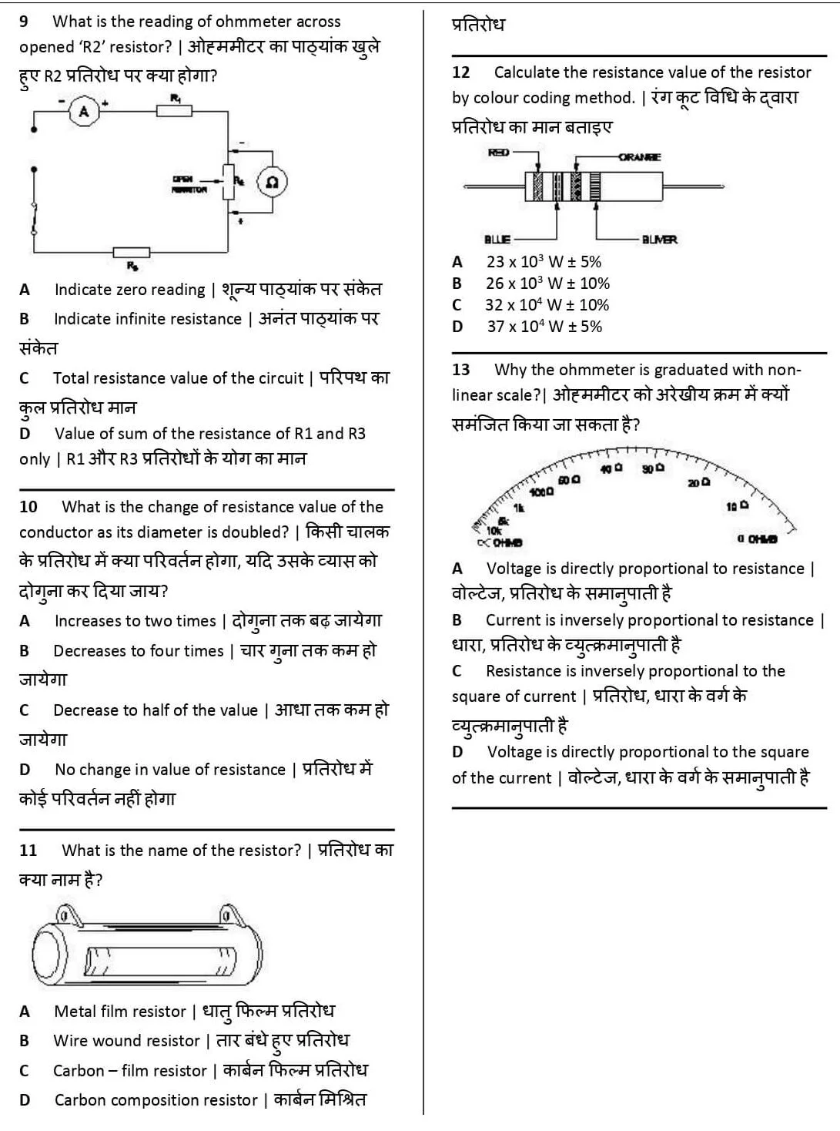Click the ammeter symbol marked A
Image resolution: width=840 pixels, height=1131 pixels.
[x=84, y=112]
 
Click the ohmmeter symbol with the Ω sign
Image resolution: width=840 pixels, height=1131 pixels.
[x=272, y=183]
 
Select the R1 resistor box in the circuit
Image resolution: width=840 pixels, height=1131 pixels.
[x=175, y=110]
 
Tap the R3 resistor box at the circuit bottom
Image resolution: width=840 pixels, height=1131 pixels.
[x=131, y=252]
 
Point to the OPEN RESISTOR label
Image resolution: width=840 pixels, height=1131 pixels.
[x=189, y=183]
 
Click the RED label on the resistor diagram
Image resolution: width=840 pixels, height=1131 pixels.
[x=499, y=153]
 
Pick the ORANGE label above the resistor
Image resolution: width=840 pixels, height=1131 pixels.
[x=639, y=157]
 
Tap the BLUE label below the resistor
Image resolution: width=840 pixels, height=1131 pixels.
[x=497, y=240]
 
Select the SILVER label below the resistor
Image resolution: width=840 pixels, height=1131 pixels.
[x=659, y=240]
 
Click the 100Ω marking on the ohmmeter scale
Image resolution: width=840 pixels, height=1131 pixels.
[x=541, y=492]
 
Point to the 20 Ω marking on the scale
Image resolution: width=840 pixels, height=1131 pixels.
[x=699, y=482]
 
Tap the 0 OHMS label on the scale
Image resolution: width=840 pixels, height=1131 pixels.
[x=757, y=539]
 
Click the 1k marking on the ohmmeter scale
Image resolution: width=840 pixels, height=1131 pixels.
[x=519, y=507]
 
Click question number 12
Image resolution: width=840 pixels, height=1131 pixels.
[x=460, y=72]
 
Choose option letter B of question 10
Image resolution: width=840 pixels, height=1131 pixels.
[x=25, y=651]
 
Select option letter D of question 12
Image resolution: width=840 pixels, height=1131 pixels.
[x=457, y=327]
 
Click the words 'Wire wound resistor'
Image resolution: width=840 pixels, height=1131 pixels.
[x=126, y=1041]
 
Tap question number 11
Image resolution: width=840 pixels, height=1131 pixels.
[x=28, y=851]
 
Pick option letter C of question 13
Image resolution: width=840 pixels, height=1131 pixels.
[x=457, y=671]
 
